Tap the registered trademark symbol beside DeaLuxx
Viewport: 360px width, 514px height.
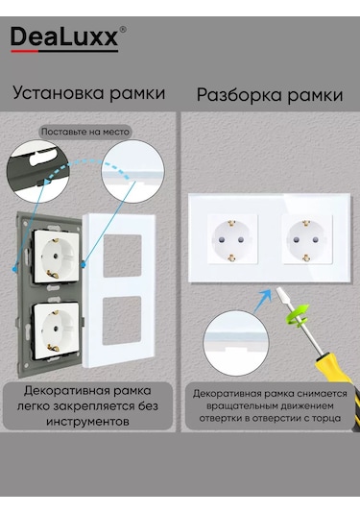[123, 30]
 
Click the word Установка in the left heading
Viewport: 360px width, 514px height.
[59, 93]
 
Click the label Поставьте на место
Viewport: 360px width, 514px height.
[85, 132]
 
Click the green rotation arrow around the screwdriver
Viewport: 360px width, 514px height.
[298, 315]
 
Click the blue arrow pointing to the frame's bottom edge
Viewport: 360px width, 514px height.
[263, 301]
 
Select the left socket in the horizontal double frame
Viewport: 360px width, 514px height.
[232, 239]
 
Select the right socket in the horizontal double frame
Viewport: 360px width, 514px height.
[306, 239]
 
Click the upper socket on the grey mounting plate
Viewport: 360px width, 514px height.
[56, 257]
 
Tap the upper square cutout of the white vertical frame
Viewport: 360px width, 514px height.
[123, 256]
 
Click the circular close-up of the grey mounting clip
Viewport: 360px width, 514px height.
[38, 171]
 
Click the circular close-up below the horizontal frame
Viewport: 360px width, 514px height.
[236, 343]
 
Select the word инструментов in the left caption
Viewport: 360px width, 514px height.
[87, 421]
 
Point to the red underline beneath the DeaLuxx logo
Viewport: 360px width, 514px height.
[25, 51]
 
